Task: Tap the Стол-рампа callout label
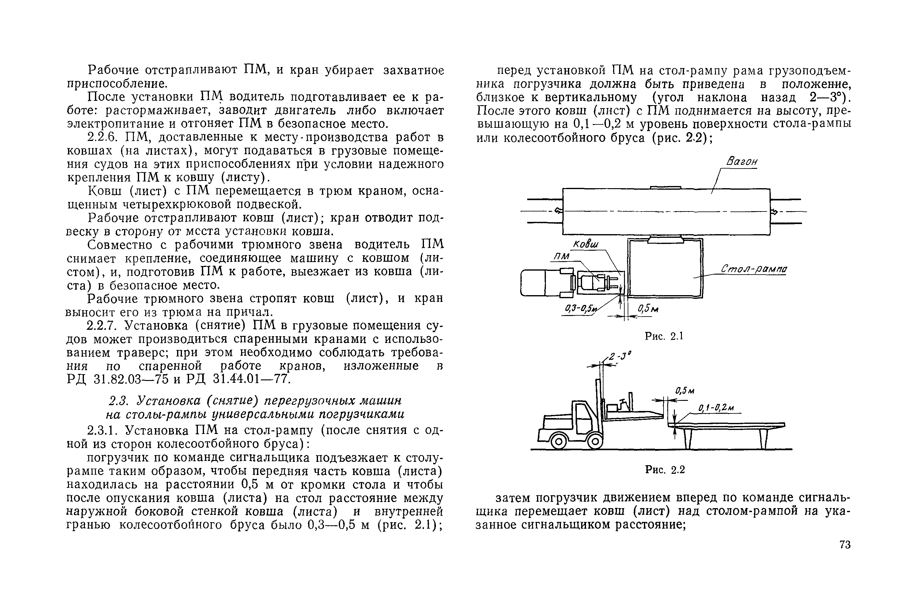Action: pyautogui.click(x=754, y=269)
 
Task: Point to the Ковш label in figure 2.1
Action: pyautogui.click(x=586, y=245)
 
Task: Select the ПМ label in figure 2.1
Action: pyautogui.click(x=562, y=257)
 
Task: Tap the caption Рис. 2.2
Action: pyautogui.click(x=665, y=470)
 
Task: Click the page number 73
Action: pyautogui.click(x=845, y=545)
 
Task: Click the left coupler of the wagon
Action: pyautogui.click(x=558, y=211)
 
